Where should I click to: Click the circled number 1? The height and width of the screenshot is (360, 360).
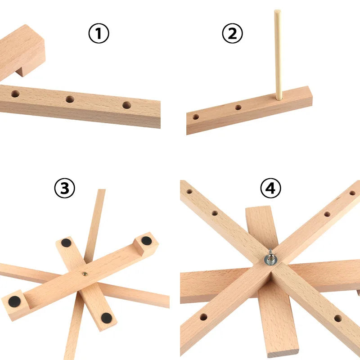[x=99, y=34]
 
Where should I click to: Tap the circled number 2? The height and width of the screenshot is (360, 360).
[x=233, y=34]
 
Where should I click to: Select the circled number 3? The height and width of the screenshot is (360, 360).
[x=64, y=189]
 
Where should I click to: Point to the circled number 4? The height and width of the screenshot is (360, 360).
[x=270, y=189]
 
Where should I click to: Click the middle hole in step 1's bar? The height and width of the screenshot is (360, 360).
[x=70, y=99]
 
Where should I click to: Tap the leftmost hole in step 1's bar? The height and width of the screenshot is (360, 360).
[x=15, y=94]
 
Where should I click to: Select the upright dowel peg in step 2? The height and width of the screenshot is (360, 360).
[x=278, y=54]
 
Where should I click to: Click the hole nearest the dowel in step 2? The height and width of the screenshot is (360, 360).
[x=238, y=108]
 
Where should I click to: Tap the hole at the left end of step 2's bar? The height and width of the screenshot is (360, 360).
[x=196, y=117]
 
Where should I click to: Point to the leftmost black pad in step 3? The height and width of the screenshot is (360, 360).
[x=14, y=301]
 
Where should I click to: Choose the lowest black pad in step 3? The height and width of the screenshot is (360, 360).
[x=106, y=318]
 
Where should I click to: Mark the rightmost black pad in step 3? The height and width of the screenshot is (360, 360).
[x=146, y=240]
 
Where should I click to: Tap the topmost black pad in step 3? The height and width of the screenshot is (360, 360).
[x=66, y=243]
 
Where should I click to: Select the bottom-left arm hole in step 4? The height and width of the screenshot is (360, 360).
[x=203, y=317]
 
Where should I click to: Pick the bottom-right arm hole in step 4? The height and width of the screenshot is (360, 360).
[x=337, y=318]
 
